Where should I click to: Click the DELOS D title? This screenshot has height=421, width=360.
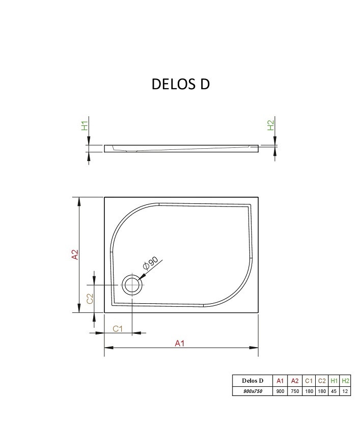click(x=181, y=84)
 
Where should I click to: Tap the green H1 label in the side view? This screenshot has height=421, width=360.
click(x=85, y=126)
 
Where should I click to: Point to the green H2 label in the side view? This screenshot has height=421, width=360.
click(x=271, y=125)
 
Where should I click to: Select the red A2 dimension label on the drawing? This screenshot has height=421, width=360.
click(x=75, y=254)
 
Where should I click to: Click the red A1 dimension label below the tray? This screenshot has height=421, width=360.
click(x=180, y=343)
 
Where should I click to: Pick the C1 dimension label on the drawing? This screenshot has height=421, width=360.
click(x=118, y=329)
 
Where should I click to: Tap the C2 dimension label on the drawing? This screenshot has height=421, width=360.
click(x=90, y=299)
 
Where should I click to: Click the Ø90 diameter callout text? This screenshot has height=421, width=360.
click(x=150, y=263)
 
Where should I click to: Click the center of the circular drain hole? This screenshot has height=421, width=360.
click(x=132, y=284)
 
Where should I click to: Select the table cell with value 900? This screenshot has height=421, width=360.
click(x=280, y=391)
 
